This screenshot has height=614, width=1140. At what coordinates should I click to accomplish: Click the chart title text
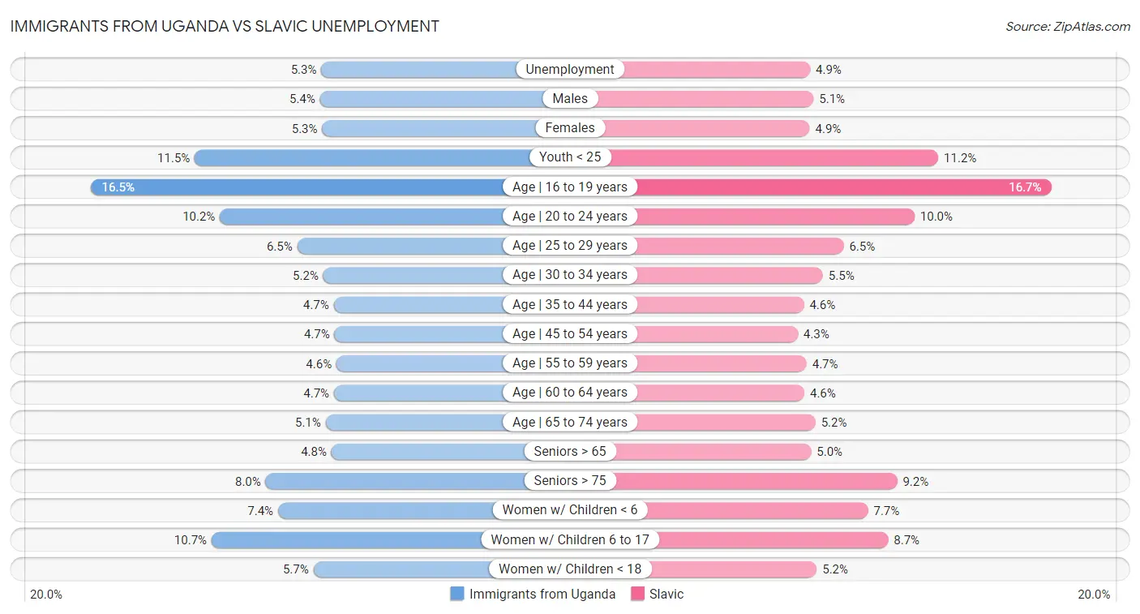[225, 26]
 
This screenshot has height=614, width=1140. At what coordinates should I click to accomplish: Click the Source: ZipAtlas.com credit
[1067, 27]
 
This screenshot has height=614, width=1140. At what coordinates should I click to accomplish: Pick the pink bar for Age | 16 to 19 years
[843, 187]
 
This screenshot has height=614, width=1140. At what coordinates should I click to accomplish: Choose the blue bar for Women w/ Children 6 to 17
[349, 540]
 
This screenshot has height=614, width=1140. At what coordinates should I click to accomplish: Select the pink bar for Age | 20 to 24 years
[775, 217]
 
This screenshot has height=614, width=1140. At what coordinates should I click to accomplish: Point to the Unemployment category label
[570, 70]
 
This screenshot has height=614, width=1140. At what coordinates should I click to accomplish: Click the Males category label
[570, 99]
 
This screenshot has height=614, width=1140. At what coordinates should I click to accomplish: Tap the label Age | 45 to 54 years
[570, 334]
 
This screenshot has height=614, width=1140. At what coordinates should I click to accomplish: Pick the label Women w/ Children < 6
[570, 510]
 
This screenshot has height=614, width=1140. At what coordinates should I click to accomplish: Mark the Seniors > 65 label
[570, 452]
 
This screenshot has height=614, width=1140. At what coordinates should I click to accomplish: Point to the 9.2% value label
[915, 482]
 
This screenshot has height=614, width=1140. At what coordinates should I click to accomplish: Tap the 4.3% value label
[816, 334]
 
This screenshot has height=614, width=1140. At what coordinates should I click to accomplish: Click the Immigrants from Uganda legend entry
[534, 594]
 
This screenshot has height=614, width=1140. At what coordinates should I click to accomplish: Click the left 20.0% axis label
[46, 595]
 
